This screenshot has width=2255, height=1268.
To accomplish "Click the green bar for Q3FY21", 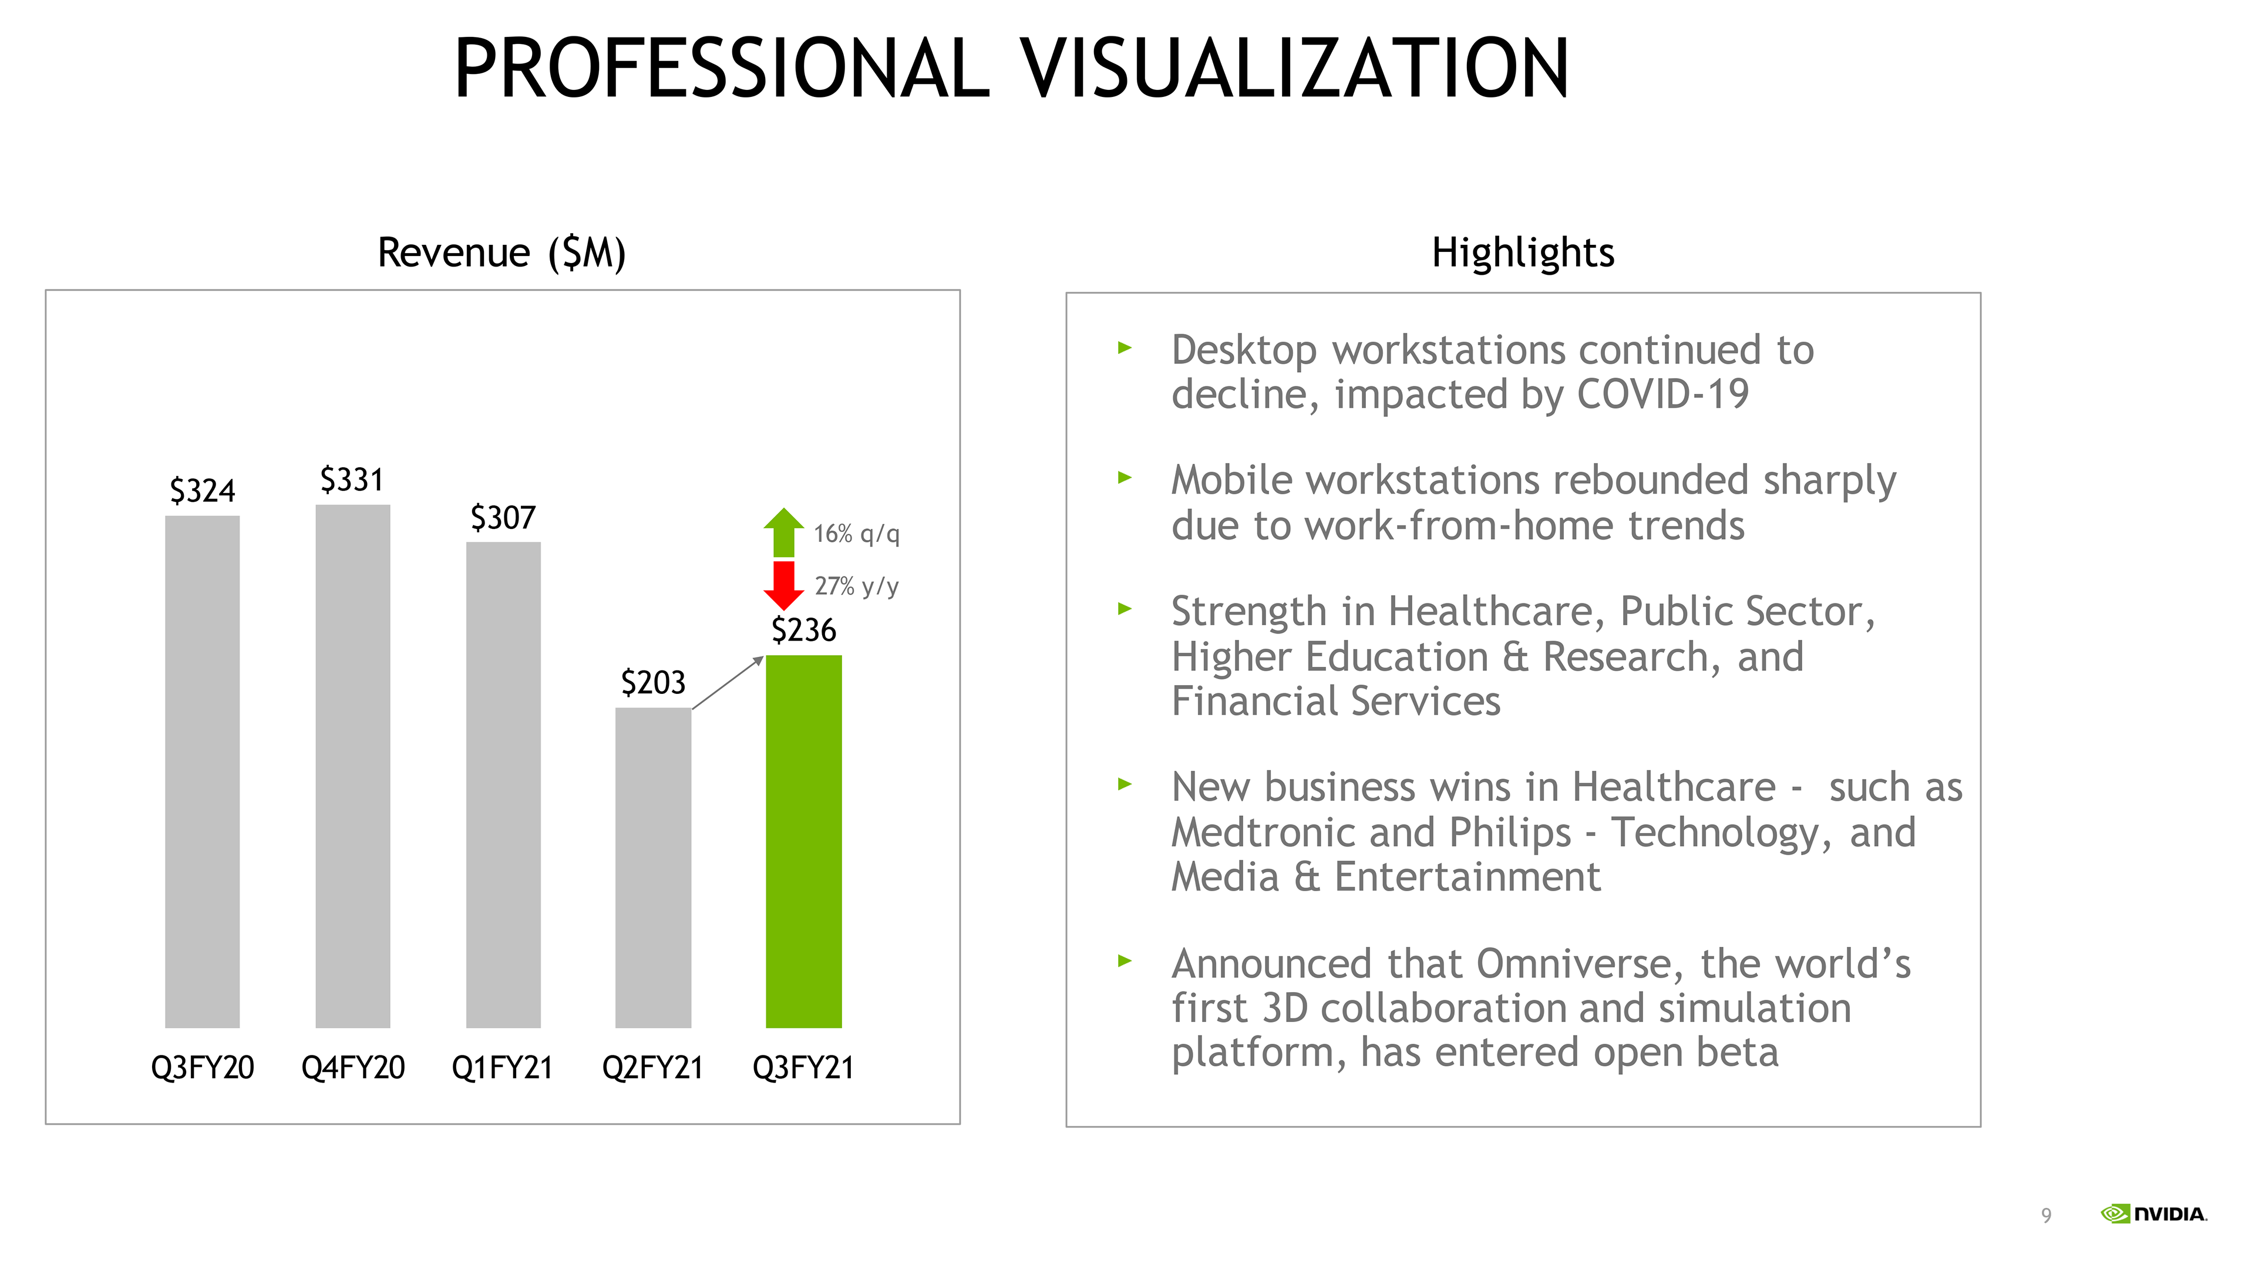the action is [803, 841].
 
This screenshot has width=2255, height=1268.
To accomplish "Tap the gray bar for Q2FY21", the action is [653, 867].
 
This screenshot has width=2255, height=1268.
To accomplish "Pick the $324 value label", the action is [202, 491].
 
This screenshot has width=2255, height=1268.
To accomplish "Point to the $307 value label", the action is [503, 517].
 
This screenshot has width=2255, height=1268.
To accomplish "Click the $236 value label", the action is [803, 630].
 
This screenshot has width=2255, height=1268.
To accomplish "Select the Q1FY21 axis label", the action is [503, 1068].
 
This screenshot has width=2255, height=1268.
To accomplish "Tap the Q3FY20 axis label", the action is [202, 1068].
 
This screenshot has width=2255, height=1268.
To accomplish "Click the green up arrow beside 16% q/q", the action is [783, 532].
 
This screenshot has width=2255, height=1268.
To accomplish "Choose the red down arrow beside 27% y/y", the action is [783, 585].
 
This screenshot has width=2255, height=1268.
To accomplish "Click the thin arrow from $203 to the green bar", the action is [728, 683].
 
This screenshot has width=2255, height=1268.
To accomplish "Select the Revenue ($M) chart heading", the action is [502, 253].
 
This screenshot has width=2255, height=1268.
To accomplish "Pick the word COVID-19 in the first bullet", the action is [1662, 394].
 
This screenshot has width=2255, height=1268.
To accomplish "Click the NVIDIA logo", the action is [2153, 1214].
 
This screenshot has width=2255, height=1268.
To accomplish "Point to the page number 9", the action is [2046, 1216].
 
